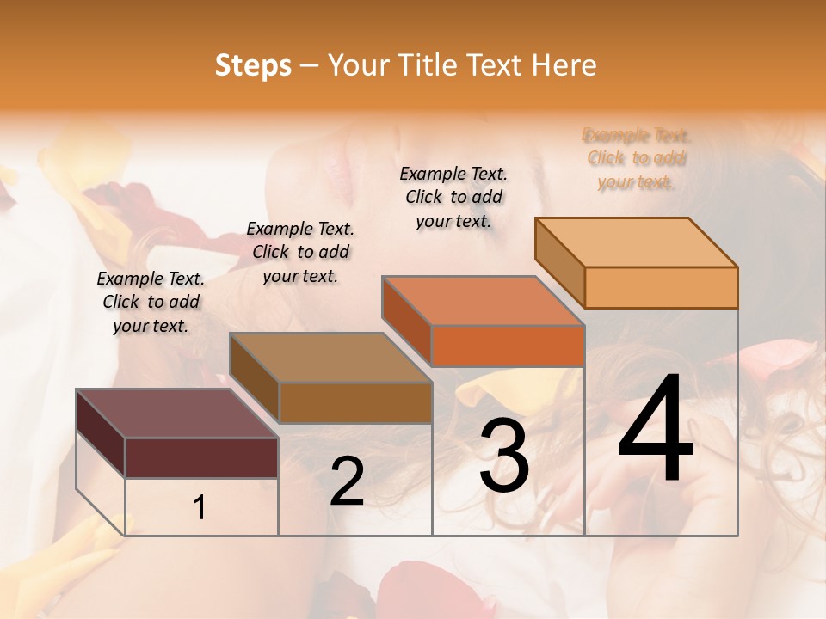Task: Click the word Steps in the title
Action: (253, 65)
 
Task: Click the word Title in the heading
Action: (423, 65)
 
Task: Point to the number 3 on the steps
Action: (504, 457)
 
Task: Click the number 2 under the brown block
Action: (347, 481)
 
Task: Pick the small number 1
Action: (200, 508)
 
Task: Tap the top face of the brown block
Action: (330, 357)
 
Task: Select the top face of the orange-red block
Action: (482, 300)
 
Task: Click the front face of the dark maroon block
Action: (201, 457)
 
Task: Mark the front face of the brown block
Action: (355, 401)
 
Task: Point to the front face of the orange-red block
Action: (508, 346)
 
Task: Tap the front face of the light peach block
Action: (661, 287)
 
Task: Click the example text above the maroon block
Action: (151, 302)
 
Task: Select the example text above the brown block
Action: (300, 252)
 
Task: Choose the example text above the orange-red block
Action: (453, 197)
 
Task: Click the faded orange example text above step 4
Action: (637, 158)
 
